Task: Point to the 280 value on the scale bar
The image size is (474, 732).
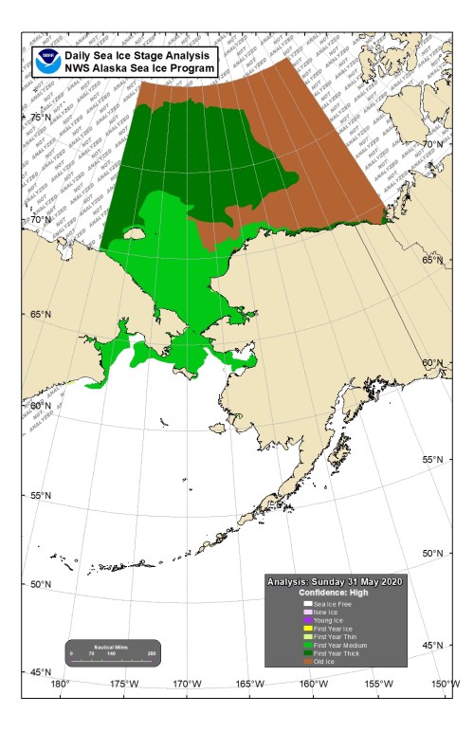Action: click(152, 653)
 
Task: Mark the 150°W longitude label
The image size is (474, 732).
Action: click(441, 685)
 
